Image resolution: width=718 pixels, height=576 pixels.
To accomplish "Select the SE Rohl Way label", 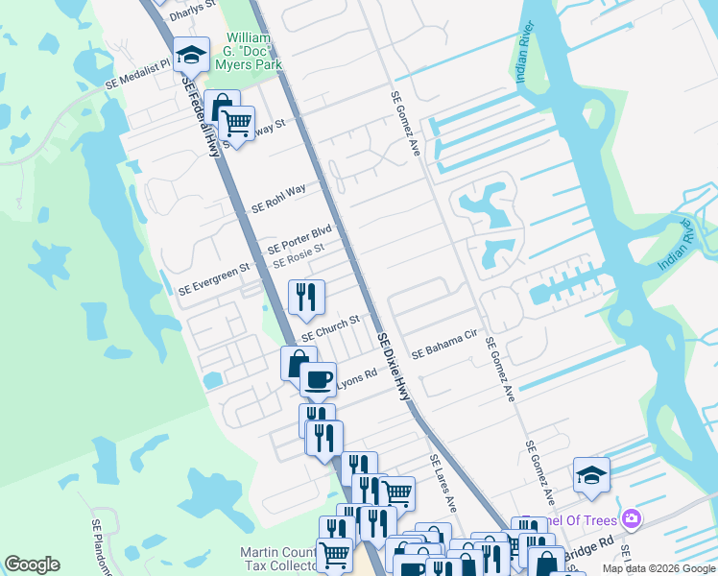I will click(x=278, y=198).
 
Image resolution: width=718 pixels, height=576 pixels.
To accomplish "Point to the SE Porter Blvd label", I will click(x=299, y=238).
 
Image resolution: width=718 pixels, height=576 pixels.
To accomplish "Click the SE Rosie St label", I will click(x=299, y=255).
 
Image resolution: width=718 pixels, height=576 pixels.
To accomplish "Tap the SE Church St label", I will click(x=329, y=328).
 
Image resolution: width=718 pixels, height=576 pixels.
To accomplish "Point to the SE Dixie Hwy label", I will click(x=393, y=365).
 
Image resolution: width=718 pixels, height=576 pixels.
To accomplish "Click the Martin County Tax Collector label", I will click(x=278, y=558).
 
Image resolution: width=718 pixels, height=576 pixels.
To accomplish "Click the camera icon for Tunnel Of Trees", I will click(x=632, y=518).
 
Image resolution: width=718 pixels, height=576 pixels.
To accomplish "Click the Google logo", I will click(x=32, y=564).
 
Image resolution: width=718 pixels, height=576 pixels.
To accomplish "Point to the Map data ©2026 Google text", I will click(x=658, y=568).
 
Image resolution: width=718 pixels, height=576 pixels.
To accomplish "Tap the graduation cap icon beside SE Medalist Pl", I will click(x=191, y=56).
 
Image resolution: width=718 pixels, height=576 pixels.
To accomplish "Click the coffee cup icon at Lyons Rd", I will click(x=318, y=378).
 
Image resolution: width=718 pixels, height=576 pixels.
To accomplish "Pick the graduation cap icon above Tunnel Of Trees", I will click(x=591, y=475).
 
